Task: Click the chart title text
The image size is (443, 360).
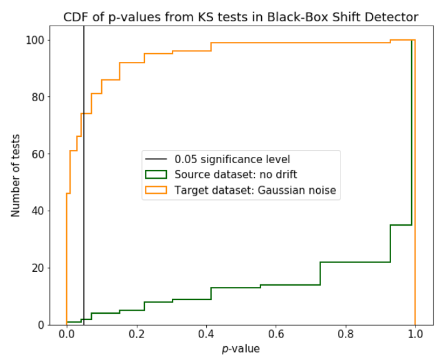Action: coord(241,17)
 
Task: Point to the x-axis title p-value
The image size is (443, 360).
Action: coord(241,349)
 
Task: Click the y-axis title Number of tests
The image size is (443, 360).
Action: coord(16,176)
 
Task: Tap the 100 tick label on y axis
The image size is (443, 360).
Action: coord(36,40)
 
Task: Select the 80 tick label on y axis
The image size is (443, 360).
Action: coord(39,97)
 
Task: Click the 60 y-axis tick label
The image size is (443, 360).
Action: coord(39,154)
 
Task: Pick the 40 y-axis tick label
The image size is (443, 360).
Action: coord(39,211)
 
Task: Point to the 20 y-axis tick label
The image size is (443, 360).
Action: coord(39,267)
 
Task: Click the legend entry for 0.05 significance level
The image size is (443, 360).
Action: coord(232,159)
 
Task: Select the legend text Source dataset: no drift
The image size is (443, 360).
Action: coord(236,175)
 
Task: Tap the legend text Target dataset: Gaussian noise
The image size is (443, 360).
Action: coord(255,191)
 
